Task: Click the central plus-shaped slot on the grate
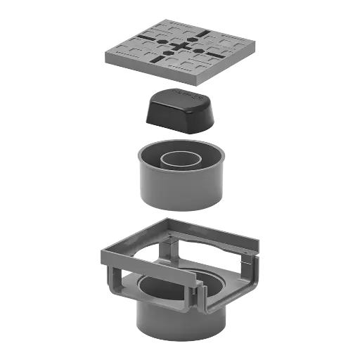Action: pos(179,47)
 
